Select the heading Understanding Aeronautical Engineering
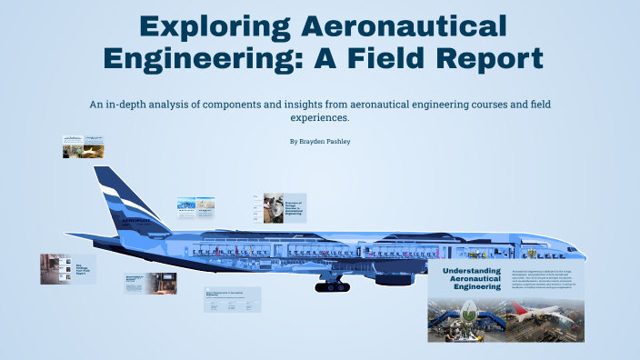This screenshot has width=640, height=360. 473,279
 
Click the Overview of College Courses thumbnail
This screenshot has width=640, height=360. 284,208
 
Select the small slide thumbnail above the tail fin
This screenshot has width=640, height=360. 83,146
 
